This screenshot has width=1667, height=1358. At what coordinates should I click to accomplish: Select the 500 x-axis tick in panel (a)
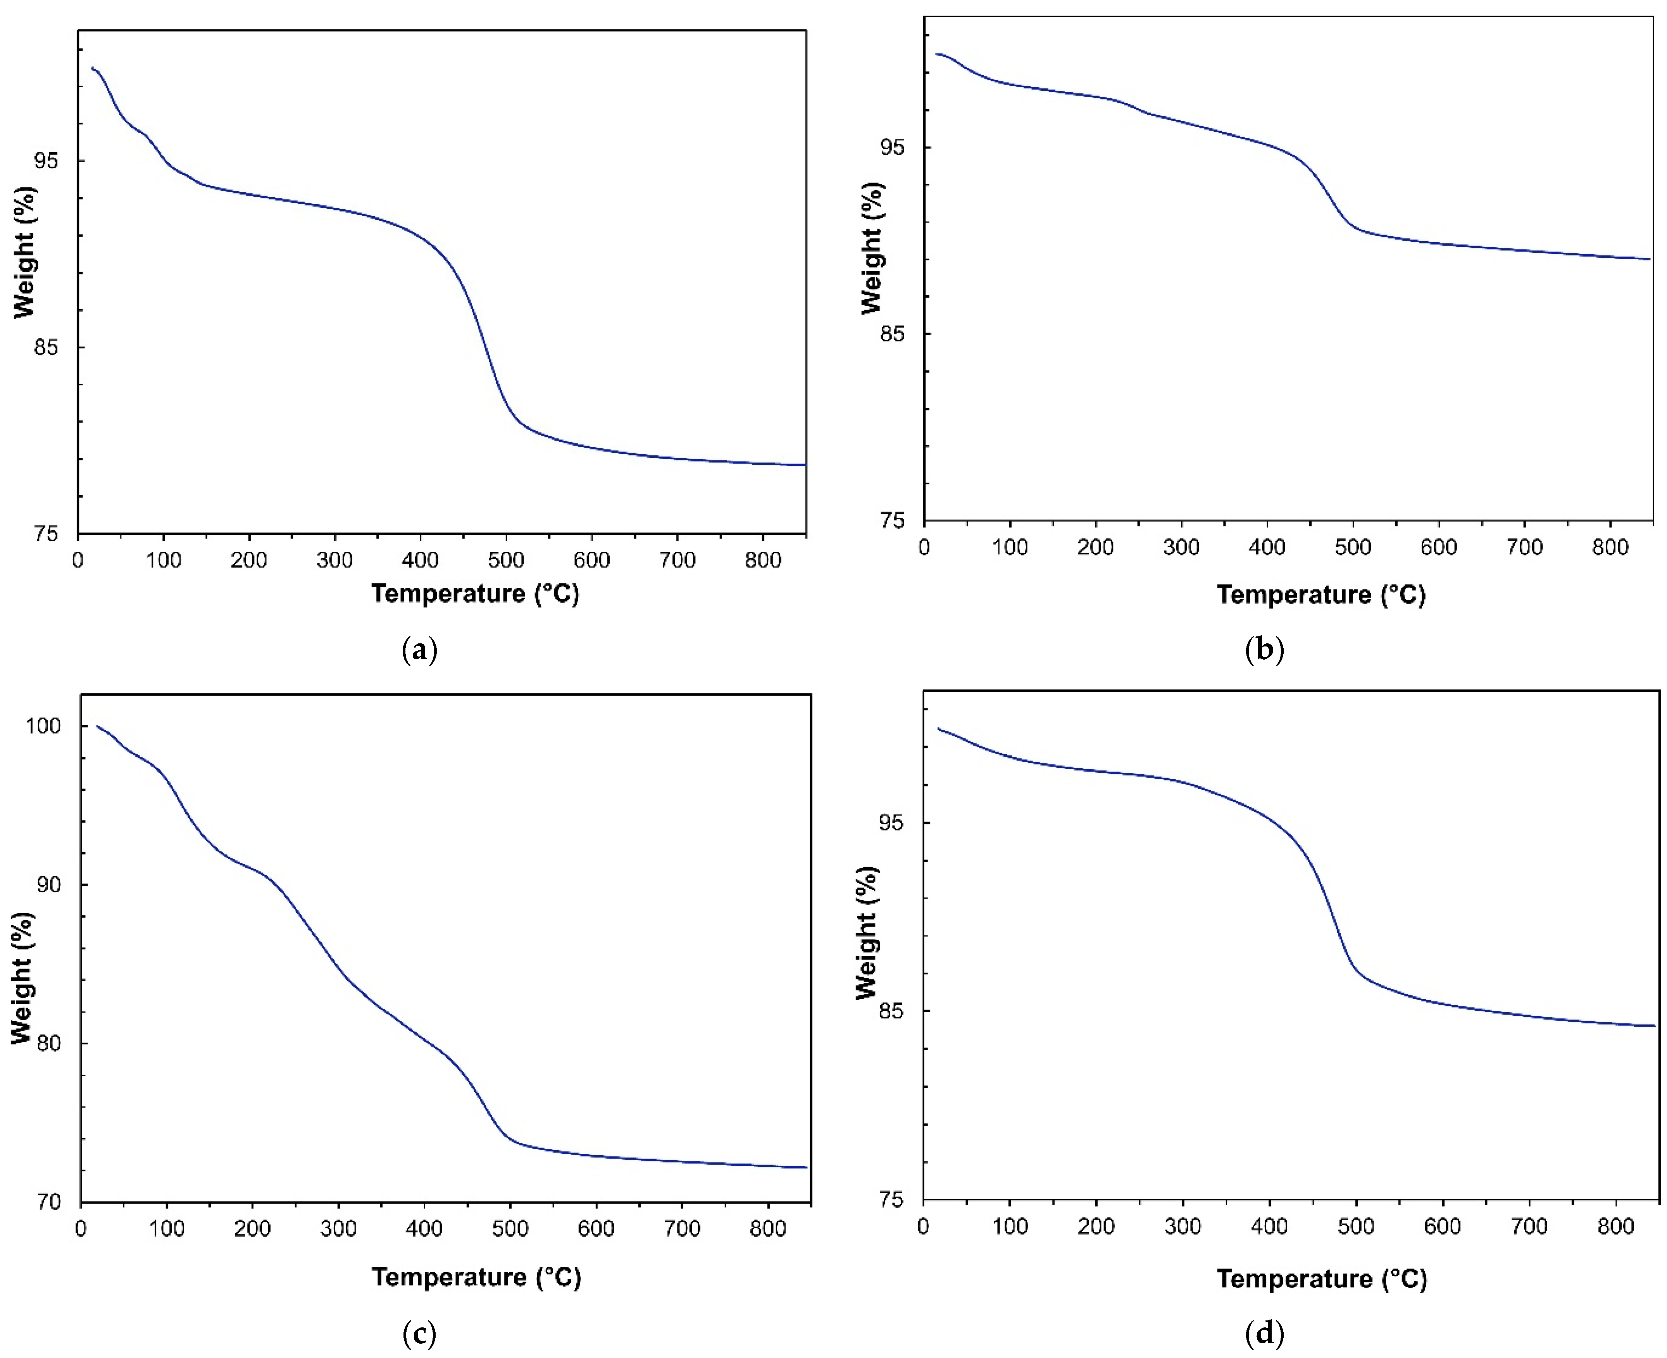tap(505, 560)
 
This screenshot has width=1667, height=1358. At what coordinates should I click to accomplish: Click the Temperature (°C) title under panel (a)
tap(475, 594)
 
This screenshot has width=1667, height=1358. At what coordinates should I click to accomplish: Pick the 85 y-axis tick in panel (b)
tap(893, 334)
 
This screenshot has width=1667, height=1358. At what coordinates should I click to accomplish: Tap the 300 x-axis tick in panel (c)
tap(338, 1228)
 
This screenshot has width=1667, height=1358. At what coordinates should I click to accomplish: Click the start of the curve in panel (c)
tap(97, 726)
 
